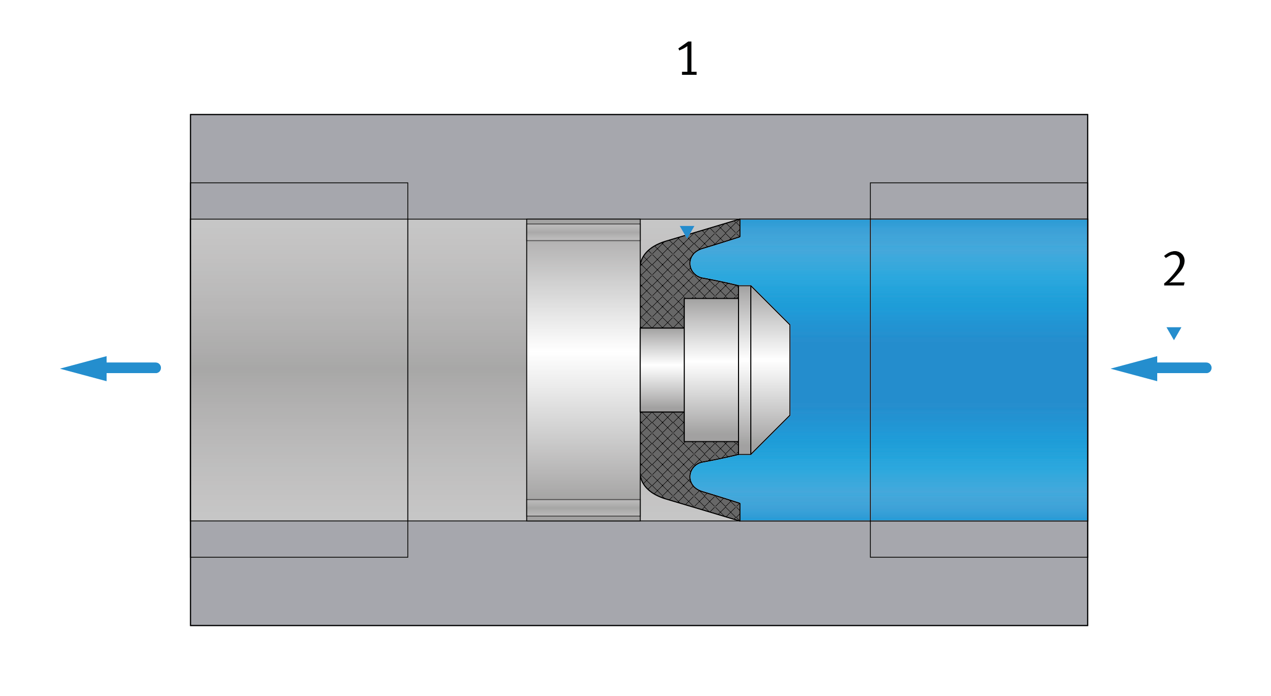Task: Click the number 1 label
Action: (x=688, y=59)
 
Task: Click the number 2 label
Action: (x=1174, y=269)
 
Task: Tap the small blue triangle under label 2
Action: (x=1174, y=333)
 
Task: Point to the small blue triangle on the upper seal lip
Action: (x=687, y=232)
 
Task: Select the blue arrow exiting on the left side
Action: (x=111, y=369)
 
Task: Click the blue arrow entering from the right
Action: (x=1161, y=369)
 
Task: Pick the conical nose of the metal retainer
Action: (x=770, y=370)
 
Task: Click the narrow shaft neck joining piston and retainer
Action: (x=662, y=370)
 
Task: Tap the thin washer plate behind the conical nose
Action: (x=745, y=370)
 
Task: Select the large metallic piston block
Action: (x=583, y=370)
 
